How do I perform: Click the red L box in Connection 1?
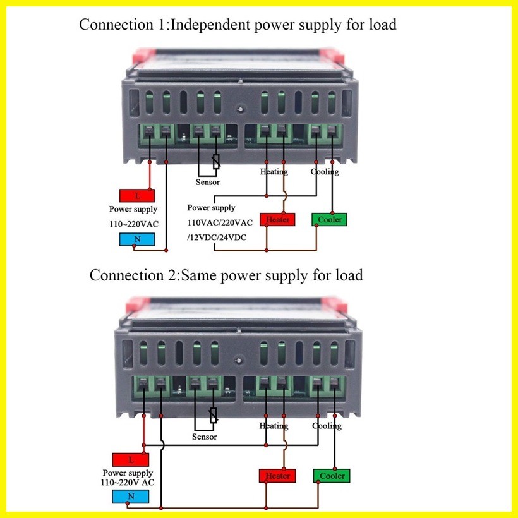(137, 196)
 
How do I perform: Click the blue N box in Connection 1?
(137, 239)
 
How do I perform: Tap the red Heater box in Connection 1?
(277, 220)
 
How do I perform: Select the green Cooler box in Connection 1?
(329, 220)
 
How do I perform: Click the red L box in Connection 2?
(131, 459)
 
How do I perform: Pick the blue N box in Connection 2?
(131, 497)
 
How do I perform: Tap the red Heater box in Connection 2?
(277, 476)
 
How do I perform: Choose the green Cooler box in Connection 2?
(332, 476)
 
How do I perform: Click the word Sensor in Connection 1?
(207, 182)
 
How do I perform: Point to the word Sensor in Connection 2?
(205, 437)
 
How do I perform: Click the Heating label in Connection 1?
(274, 172)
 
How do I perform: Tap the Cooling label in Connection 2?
(327, 426)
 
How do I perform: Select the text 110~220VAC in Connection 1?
(134, 224)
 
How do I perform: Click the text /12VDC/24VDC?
(217, 237)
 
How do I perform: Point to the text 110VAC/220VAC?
(220, 222)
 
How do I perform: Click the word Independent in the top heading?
(210, 25)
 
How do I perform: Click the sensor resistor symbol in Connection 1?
(216, 162)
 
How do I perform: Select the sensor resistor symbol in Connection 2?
(214, 415)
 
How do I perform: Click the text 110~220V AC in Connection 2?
(128, 483)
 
